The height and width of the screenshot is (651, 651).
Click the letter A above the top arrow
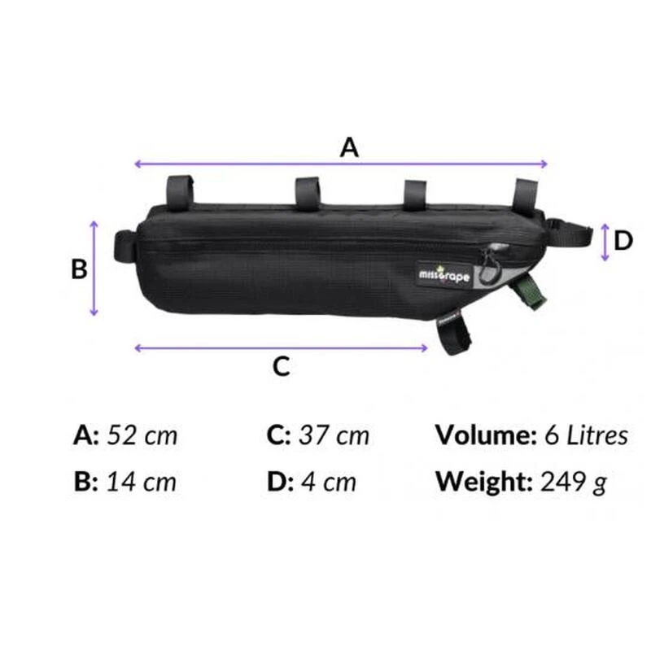[x=349, y=147]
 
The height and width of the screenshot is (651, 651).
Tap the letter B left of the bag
[x=79, y=269]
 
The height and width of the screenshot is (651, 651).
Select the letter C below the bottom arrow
[x=281, y=366]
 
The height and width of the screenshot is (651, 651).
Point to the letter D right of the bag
[x=623, y=241]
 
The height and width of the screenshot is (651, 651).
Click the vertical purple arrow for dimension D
[x=605, y=242]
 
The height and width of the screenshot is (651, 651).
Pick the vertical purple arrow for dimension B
[x=94, y=269]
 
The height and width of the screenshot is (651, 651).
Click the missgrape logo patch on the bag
[x=443, y=275]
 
